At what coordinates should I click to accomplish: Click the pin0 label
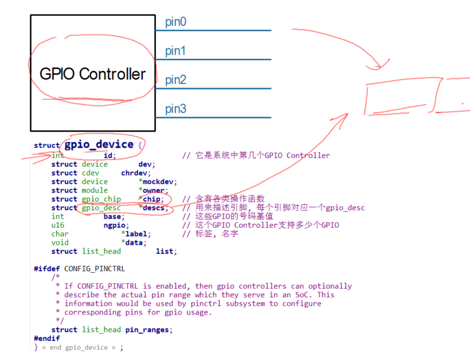click(x=176, y=22)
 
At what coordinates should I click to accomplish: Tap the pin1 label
click(x=175, y=51)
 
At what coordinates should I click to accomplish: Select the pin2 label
click(x=176, y=80)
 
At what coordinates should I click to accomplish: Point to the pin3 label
click(x=176, y=109)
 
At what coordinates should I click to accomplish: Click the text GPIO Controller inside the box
click(x=93, y=74)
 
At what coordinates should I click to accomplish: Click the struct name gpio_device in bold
click(x=99, y=144)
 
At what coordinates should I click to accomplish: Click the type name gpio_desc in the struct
click(x=101, y=208)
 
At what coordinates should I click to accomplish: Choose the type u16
click(x=57, y=225)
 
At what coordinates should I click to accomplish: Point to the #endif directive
click(x=47, y=338)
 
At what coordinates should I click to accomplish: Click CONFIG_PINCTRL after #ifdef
click(x=95, y=269)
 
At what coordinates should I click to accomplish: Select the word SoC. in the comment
click(x=304, y=295)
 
